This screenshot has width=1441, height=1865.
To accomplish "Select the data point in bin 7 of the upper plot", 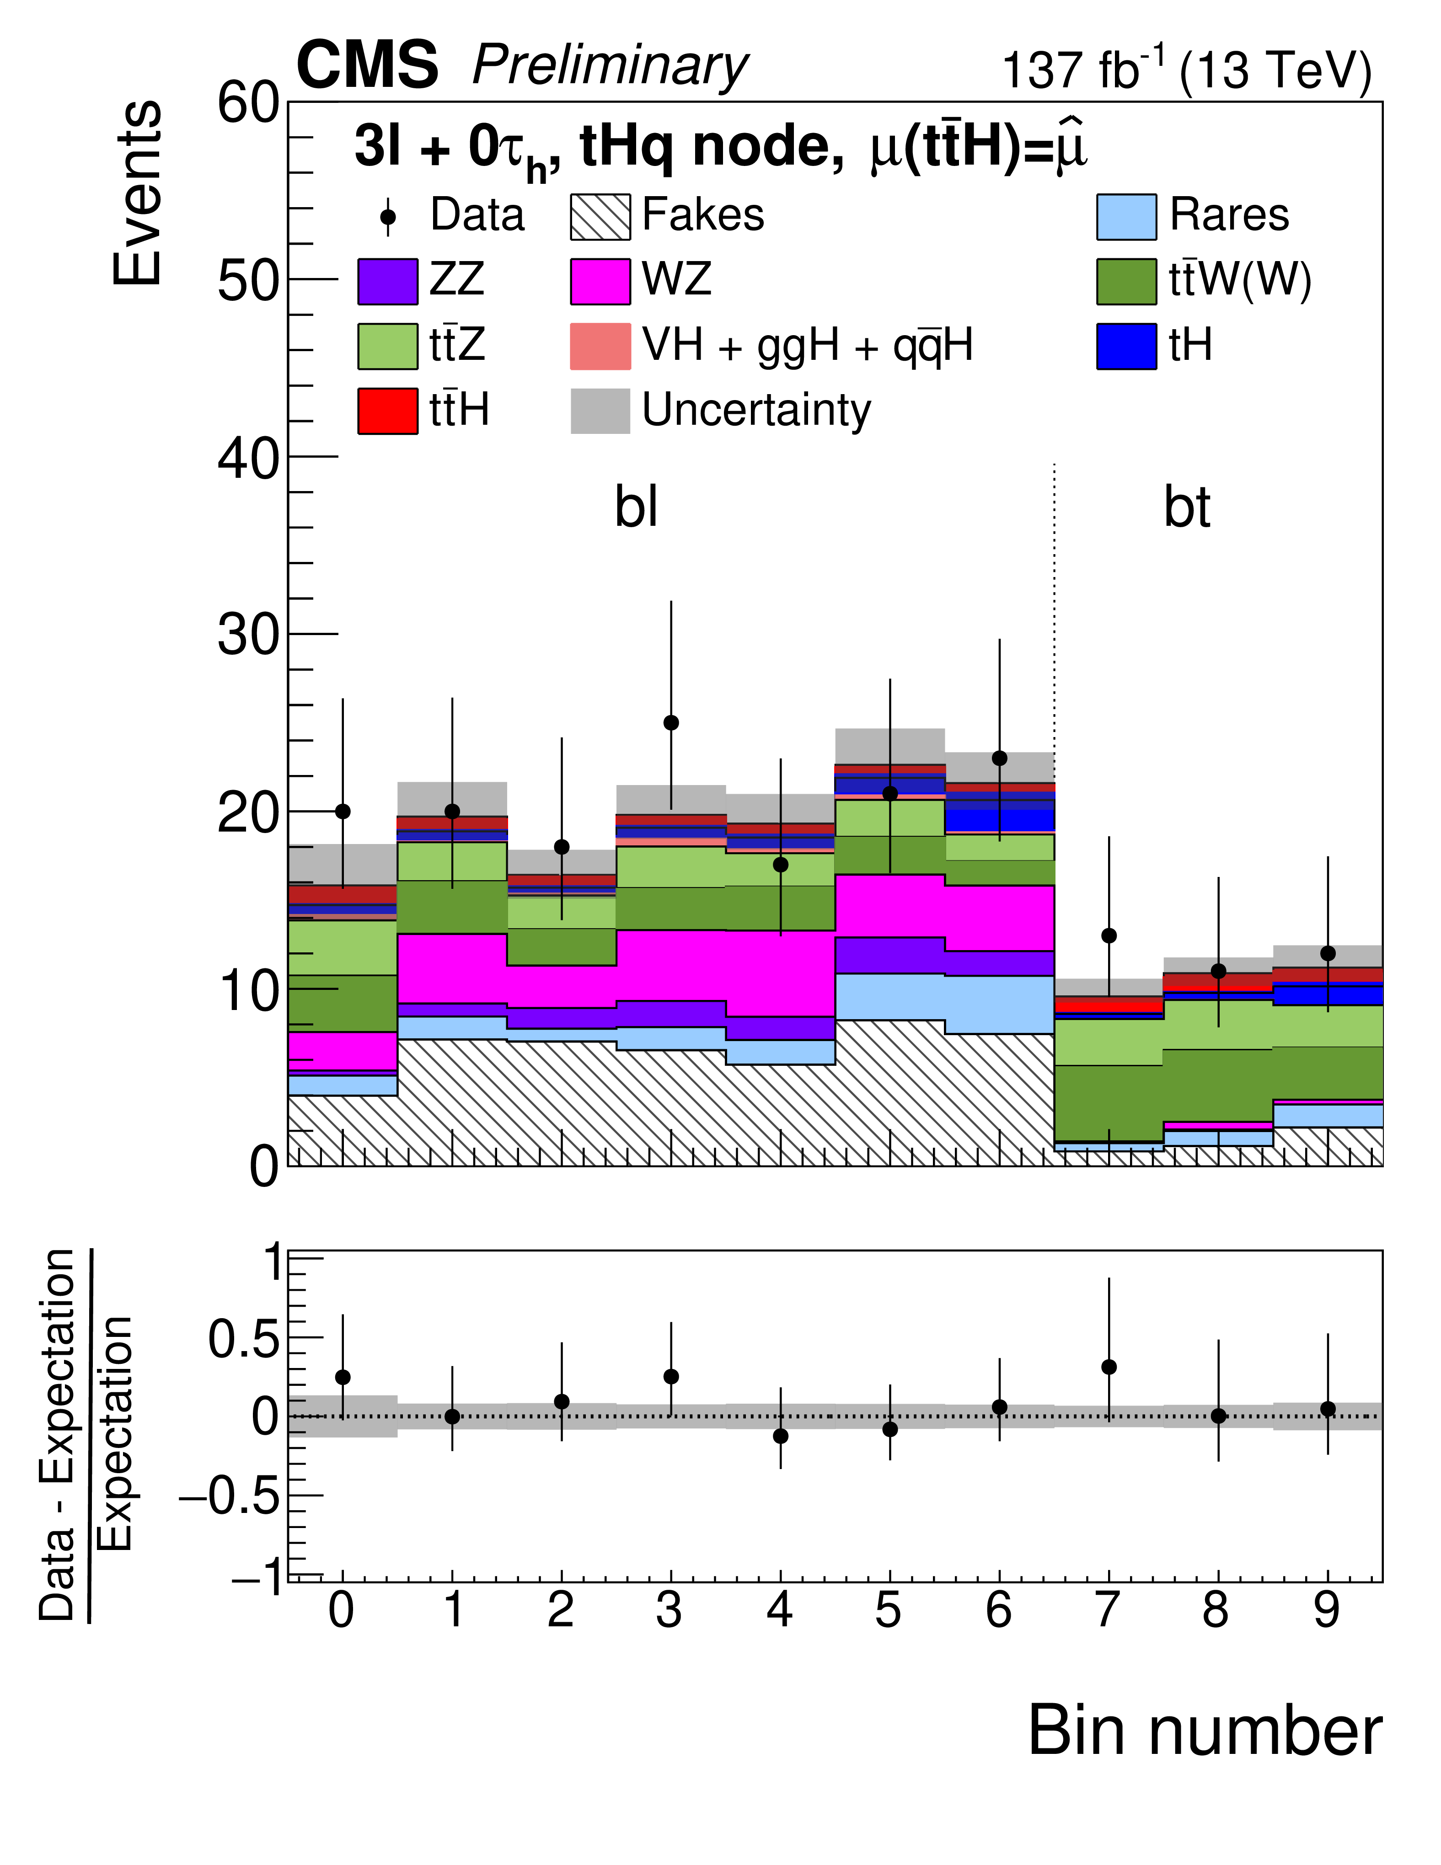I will click(1109, 936).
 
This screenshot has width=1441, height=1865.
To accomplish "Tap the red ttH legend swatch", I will click(388, 411).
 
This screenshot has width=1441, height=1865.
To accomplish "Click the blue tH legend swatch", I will click(1127, 346).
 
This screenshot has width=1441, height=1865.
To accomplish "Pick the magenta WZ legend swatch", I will click(600, 281).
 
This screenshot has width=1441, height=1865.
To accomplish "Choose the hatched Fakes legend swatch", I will click(600, 216).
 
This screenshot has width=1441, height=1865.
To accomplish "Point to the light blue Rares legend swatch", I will click(1127, 216).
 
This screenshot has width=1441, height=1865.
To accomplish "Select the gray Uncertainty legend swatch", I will click(600, 411).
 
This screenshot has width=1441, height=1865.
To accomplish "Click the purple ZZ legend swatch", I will click(388, 281).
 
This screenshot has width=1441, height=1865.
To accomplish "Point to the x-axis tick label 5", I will click(889, 1610).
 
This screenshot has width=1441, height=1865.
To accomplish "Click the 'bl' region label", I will click(637, 507).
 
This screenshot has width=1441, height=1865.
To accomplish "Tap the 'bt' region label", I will click(1186, 507).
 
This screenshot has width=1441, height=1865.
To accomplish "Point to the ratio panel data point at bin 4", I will click(780, 1436).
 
